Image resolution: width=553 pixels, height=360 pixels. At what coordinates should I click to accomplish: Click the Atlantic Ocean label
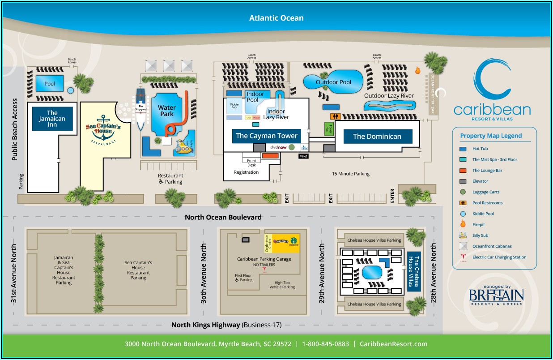(x=276, y=18)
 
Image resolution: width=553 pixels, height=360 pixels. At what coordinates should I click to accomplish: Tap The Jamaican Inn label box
(x=52, y=119)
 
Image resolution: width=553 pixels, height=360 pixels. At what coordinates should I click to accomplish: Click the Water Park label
(x=167, y=111)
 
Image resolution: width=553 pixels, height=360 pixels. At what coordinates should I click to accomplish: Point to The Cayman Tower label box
(x=267, y=136)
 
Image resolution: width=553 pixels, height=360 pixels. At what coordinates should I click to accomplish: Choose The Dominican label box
(x=377, y=137)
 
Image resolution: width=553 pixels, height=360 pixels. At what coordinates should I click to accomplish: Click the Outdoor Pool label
(x=333, y=82)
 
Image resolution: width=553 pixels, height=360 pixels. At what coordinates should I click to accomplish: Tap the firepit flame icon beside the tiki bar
(x=418, y=70)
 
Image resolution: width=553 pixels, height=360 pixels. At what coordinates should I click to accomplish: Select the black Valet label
(x=304, y=156)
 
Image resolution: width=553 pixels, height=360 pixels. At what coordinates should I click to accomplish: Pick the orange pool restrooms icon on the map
(x=335, y=116)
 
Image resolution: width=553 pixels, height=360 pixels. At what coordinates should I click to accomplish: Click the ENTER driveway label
(x=392, y=196)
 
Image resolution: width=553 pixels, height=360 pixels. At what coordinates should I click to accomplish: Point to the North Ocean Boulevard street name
(x=223, y=218)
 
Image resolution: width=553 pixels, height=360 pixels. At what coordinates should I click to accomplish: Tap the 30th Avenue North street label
(x=204, y=274)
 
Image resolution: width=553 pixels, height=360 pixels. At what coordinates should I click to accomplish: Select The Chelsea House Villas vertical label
(x=414, y=271)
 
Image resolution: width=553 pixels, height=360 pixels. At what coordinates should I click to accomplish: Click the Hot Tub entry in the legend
(x=480, y=149)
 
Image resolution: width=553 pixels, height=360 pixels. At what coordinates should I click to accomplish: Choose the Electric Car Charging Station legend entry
(x=499, y=257)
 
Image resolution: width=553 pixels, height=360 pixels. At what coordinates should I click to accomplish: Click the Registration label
(x=246, y=172)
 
